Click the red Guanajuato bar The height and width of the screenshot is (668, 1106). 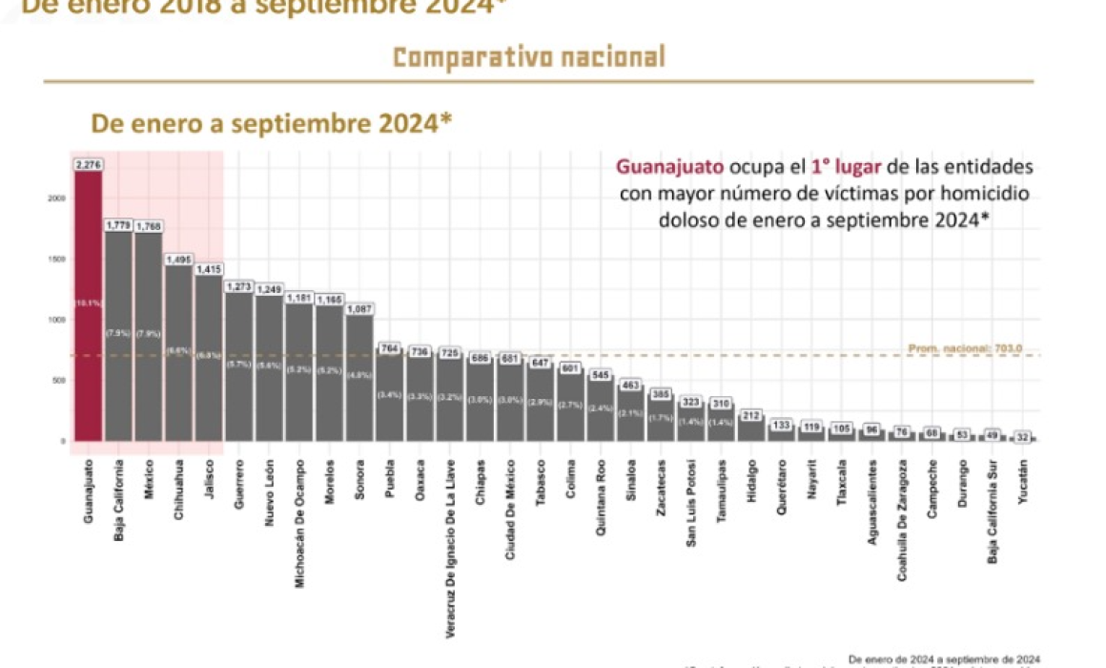point(88,305)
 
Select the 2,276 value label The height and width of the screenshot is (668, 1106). point(88,164)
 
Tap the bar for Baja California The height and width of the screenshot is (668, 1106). point(118,334)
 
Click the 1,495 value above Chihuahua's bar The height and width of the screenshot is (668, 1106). point(178,259)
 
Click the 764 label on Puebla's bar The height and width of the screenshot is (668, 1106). point(389,349)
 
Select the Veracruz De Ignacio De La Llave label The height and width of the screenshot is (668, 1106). point(450,548)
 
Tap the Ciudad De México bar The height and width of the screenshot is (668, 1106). point(510,401)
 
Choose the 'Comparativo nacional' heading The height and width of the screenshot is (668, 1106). point(529,57)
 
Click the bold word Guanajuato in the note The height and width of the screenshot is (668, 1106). point(670,167)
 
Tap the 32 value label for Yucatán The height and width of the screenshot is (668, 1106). point(1023,436)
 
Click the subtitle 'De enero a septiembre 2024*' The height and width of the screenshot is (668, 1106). point(271,123)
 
